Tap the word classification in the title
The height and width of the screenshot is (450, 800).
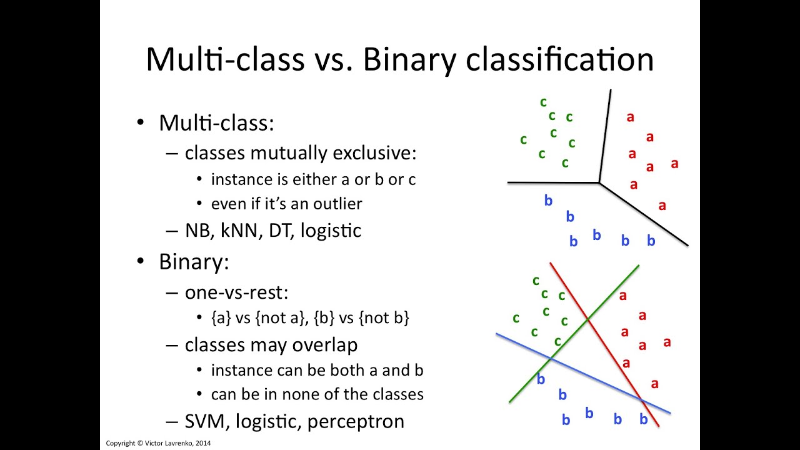pos(565,60)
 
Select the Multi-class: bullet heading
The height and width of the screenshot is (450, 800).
pos(216,122)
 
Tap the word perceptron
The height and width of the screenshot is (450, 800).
pos(356,422)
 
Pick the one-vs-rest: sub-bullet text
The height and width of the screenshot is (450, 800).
pos(236,292)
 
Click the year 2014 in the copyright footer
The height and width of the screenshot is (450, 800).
pos(202,443)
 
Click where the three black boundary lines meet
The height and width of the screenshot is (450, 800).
pos(599,182)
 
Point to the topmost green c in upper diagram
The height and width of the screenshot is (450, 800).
pos(543,102)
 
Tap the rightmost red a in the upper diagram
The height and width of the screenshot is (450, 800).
pos(674,164)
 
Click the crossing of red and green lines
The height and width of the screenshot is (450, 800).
pos(587,320)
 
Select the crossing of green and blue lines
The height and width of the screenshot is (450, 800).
pos(550,359)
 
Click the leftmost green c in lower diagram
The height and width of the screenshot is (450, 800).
pos(516,318)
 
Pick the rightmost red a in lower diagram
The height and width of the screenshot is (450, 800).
pos(667,342)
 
